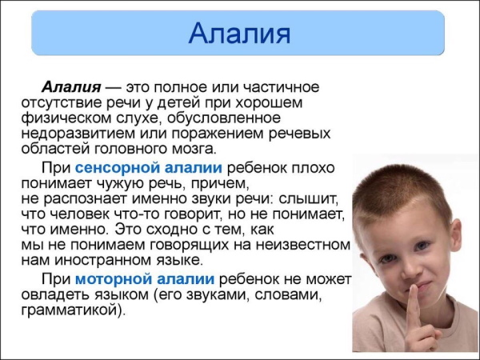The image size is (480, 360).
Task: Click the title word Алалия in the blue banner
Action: [238, 34]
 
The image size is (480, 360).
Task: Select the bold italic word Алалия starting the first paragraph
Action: [71, 86]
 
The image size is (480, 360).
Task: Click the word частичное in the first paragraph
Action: [286, 86]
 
